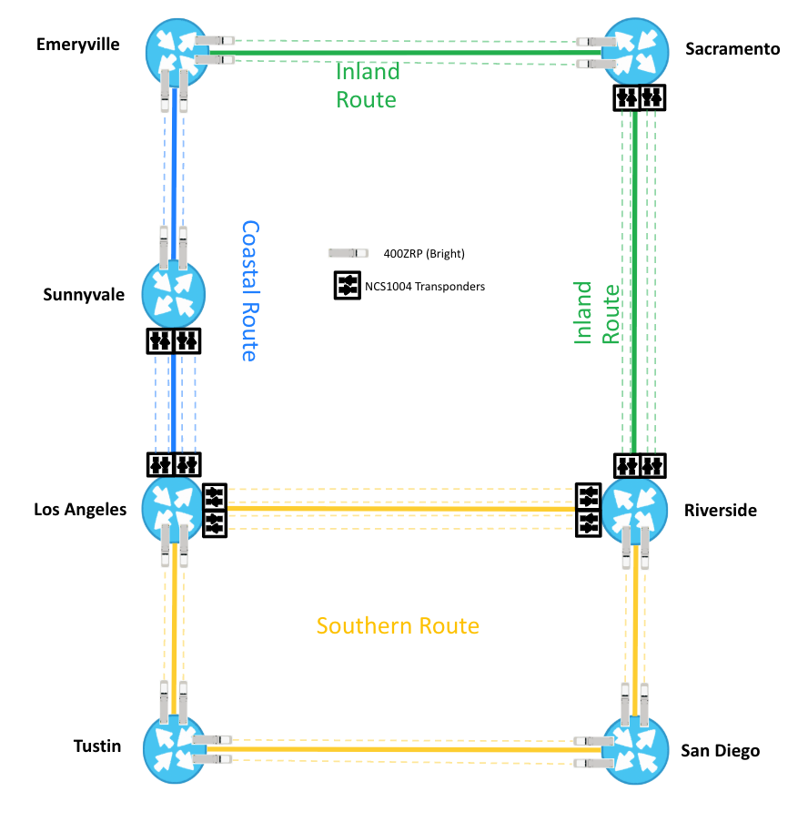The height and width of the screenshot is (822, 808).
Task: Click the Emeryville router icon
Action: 177,50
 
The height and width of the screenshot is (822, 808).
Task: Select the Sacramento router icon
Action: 634,52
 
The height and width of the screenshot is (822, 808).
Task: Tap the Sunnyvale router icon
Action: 173,293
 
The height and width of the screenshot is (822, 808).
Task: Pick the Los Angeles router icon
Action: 174,507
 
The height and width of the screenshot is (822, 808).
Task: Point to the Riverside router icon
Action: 634,508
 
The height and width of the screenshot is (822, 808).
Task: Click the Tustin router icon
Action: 176,746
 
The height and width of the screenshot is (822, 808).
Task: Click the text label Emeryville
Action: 78,45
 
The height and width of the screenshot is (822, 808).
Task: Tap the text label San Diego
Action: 720,751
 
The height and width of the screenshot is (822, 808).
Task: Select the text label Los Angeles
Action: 80,510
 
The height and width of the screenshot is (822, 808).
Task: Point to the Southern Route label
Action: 398,626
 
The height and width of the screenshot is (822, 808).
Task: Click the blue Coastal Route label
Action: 249,290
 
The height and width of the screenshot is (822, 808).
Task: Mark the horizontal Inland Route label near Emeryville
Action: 368,86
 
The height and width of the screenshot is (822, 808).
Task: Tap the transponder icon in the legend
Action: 347,285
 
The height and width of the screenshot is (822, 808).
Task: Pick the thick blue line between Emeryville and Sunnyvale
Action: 174,164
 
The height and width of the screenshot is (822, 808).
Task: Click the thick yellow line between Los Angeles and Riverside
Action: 400,508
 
